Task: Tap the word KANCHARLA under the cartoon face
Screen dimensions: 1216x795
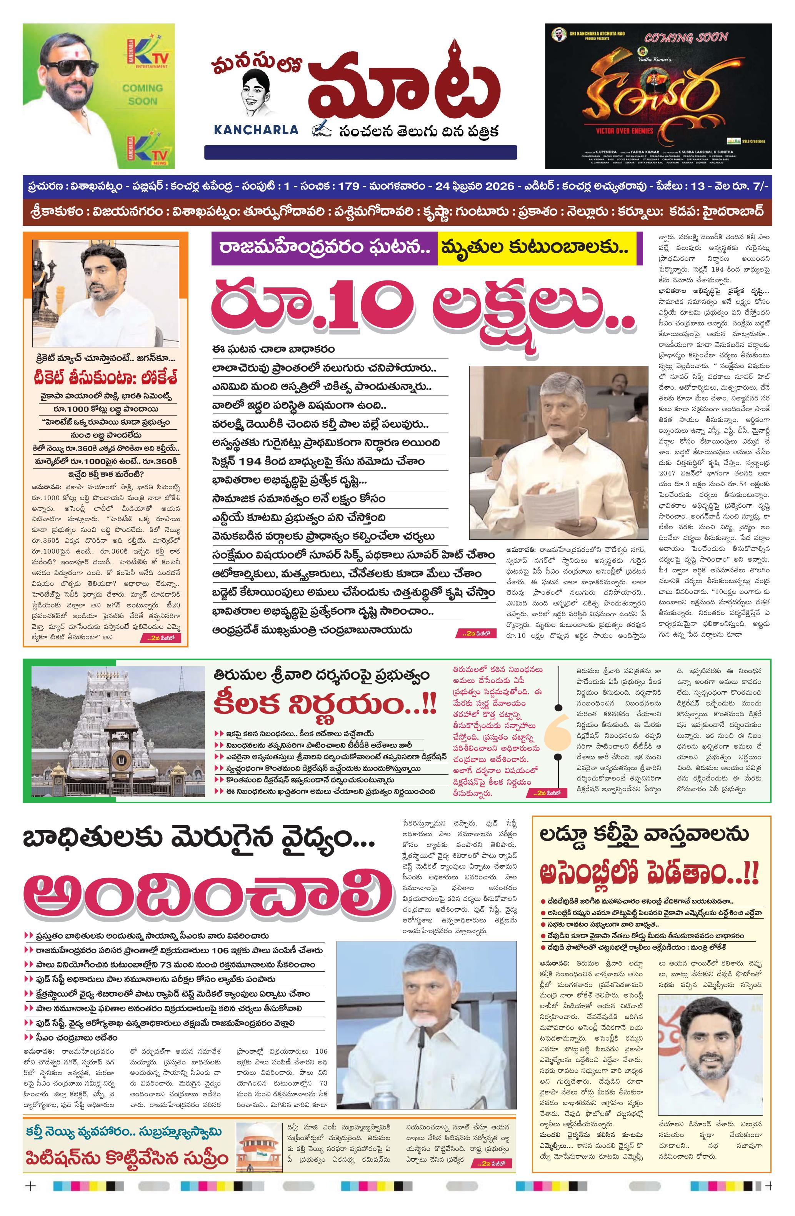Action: coord(256,130)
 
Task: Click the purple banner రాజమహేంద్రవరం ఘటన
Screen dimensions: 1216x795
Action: coord(324,248)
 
